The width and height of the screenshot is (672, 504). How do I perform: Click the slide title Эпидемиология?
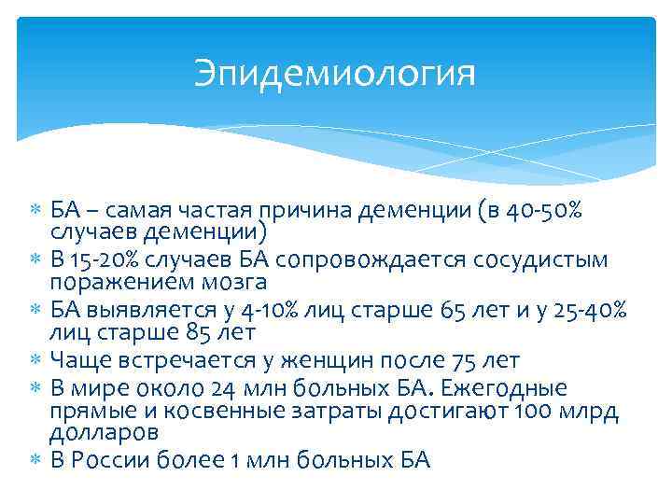point(335,74)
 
